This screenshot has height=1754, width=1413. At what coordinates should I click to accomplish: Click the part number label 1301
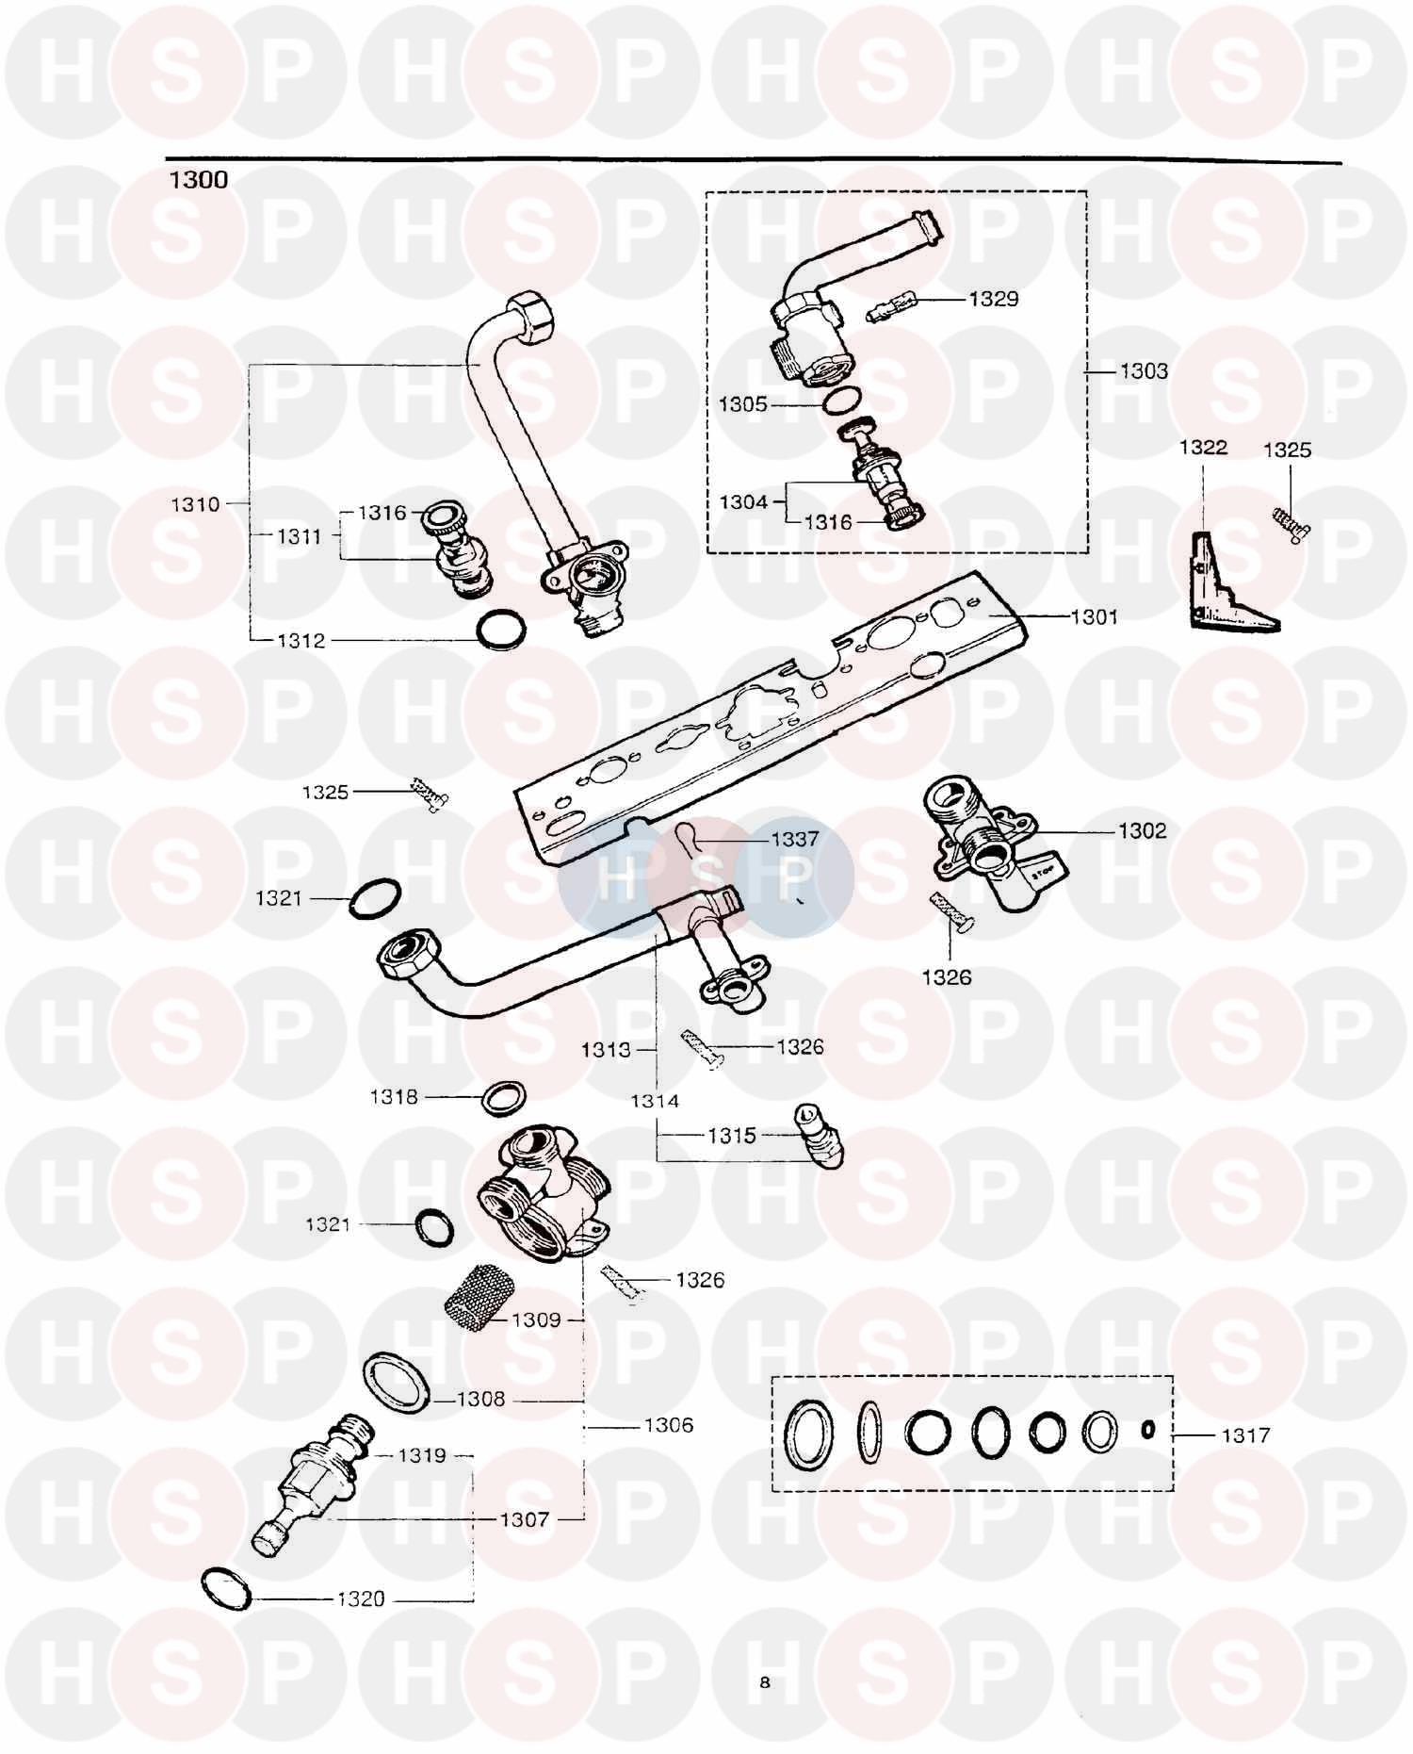(x=1095, y=617)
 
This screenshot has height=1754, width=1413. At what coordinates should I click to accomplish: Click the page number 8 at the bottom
(x=764, y=1681)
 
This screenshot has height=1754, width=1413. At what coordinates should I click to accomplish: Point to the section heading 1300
(x=198, y=180)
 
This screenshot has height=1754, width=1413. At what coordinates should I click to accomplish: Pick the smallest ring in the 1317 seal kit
(x=1147, y=1430)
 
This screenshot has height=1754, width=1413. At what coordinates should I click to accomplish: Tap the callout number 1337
(x=795, y=839)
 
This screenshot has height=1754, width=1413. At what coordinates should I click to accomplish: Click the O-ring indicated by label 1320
(x=227, y=1588)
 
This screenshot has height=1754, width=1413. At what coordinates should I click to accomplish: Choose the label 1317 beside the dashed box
(x=1245, y=1435)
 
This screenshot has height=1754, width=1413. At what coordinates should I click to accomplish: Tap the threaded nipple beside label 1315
(x=818, y=1134)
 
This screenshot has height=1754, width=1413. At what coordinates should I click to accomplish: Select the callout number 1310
(x=195, y=504)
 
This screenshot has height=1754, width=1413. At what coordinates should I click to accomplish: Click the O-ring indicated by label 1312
(x=499, y=630)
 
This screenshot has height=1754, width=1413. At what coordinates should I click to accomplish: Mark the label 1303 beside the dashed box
(x=1144, y=371)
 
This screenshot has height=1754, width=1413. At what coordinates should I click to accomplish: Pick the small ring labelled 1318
(x=503, y=1098)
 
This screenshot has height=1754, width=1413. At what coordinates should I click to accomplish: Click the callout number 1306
(x=668, y=1425)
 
